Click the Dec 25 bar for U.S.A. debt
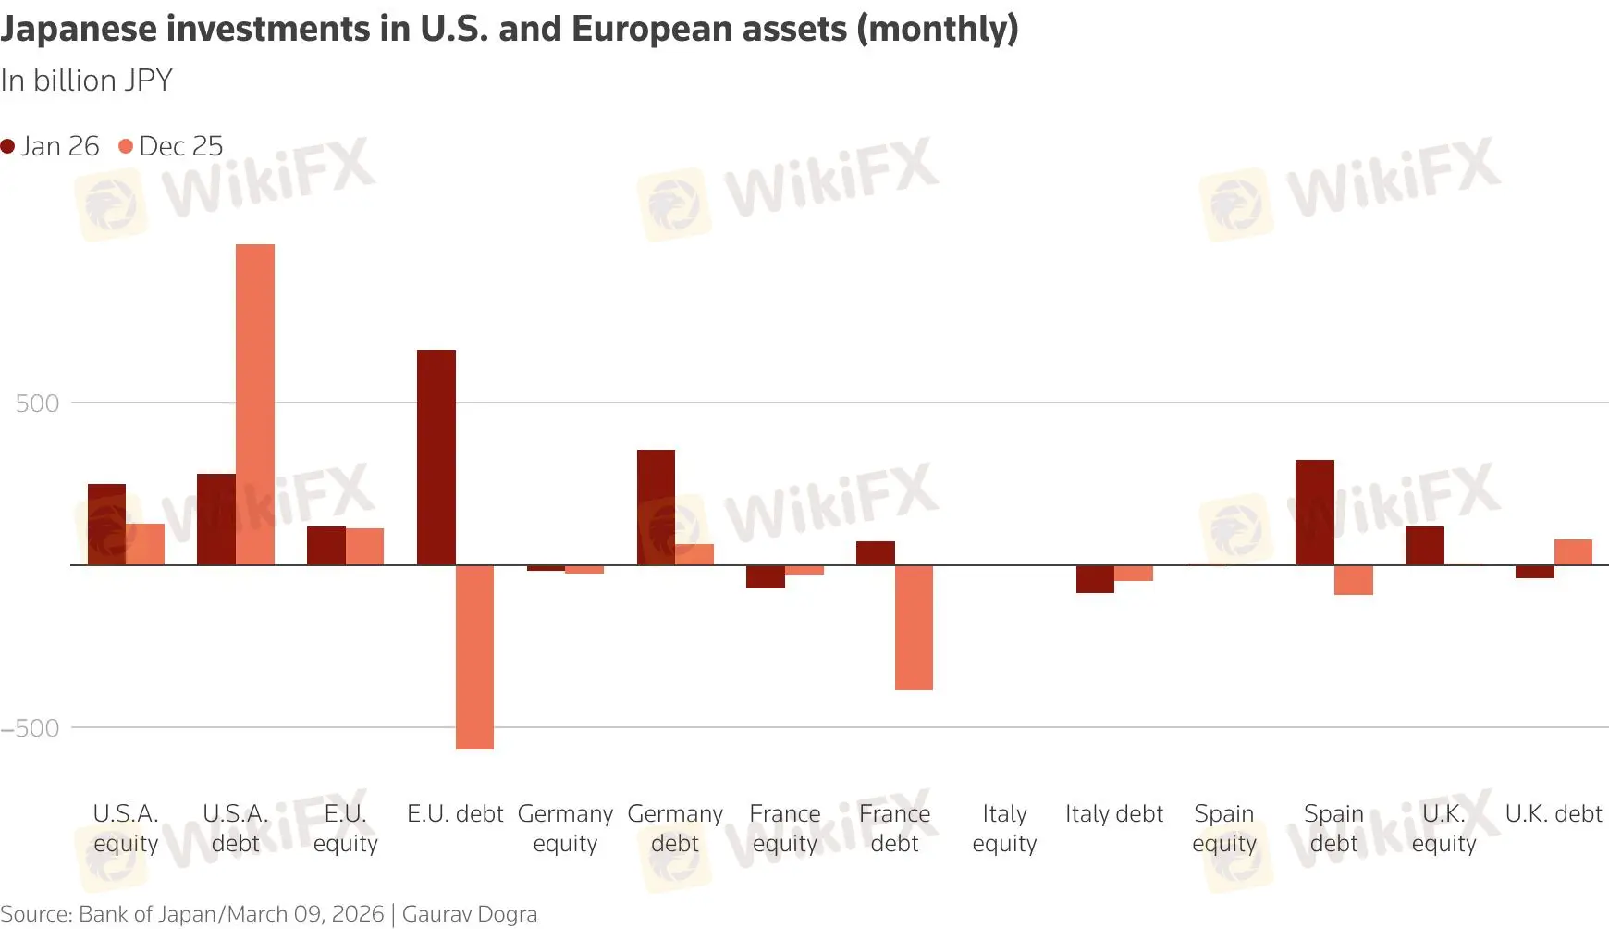[255, 404]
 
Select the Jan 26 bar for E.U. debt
[436, 457]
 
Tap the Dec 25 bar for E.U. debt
[474, 657]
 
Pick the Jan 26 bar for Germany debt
[656, 507]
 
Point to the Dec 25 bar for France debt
[914, 627]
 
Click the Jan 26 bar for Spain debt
[1314, 512]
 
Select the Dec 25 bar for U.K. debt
[1573, 552]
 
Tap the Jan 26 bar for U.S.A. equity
[106, 524]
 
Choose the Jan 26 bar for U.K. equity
[1424, 546]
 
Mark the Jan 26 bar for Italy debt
[1095, 579]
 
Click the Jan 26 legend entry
[50, 146]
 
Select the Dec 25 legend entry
[172, 146]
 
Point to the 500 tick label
[37, 403]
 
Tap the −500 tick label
[31, 728]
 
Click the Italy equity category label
[1004, 828]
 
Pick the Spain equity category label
[1223, 828]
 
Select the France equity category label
[784, 828]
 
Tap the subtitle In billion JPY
[86, 81]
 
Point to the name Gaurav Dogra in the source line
[469, 914]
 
